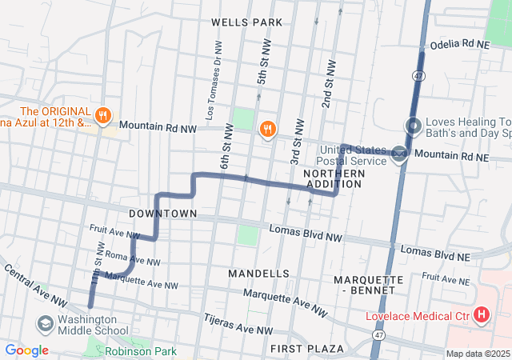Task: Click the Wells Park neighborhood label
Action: tap(247, 22)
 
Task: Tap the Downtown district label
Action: tap(163, 214)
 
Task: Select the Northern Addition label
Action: tap(334, 178)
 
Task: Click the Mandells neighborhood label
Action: tap(258, 274)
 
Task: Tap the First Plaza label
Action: tap(307, 349)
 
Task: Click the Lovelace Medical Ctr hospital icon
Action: tap(481, 315)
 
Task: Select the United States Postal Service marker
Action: tap(398, 156)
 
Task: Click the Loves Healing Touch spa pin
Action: tap(414, 126)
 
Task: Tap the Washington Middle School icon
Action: tap(45, 323)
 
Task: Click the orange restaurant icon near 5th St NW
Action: tap(267, 128)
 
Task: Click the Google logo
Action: tap(26, 350)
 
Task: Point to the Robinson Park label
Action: tap(140, 350)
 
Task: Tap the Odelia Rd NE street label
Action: tap(459, 46)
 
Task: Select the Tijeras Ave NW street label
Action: tap(238, 324)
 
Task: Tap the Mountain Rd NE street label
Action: tap(452, 157)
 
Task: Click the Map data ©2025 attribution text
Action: tap(477, 354)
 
